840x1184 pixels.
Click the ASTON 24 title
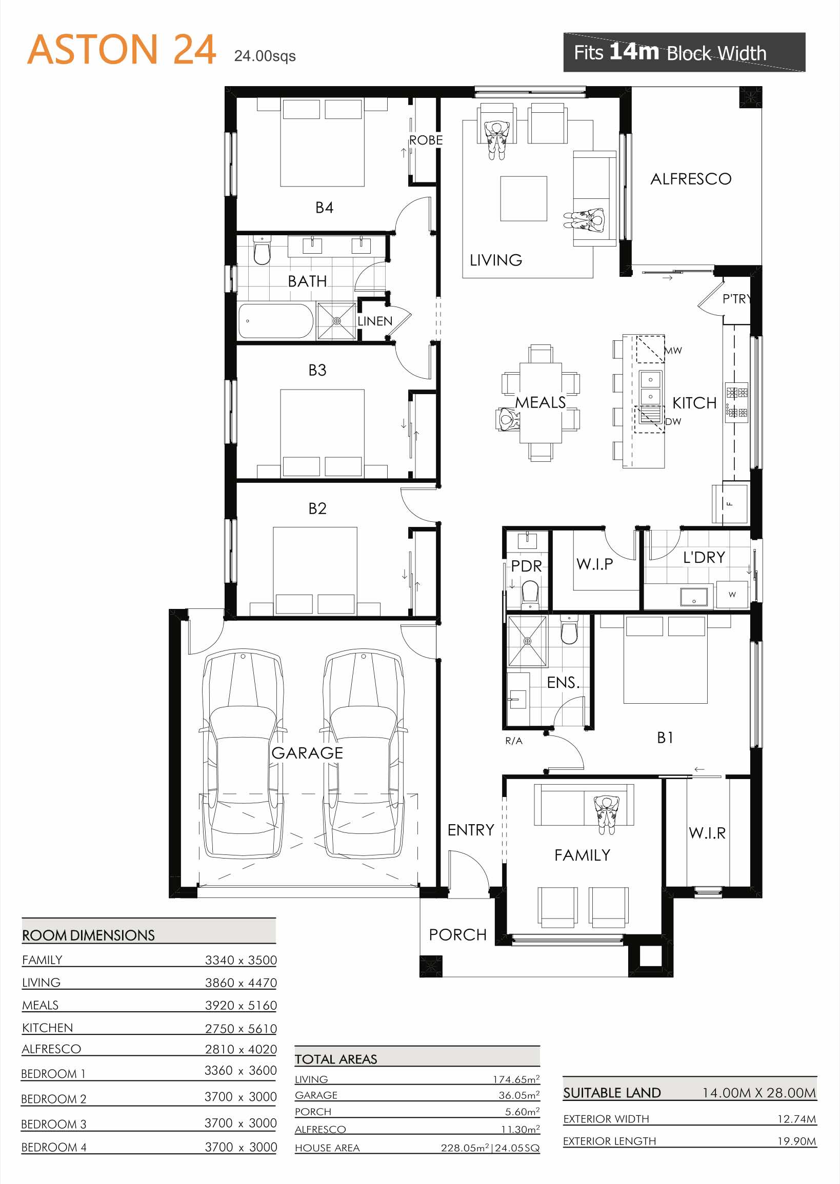point(121,50)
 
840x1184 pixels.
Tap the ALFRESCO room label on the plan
point(691,179)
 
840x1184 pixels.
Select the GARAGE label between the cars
point(307,753)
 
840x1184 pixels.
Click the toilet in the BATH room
point(262,251)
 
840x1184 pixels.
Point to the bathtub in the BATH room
point(276,321)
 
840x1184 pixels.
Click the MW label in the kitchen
point(673,351)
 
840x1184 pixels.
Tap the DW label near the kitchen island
point(673,421)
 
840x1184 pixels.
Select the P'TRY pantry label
point(736,299)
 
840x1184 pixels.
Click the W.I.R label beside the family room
point(707,833)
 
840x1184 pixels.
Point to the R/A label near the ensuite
point(514,741)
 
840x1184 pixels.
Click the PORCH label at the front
point(458,935)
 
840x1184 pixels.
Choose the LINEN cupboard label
point(375,321)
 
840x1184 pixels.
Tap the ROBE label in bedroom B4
point(426,140)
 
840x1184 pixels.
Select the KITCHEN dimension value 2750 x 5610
point(241,1028)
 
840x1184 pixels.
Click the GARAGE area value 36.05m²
point(519,1094)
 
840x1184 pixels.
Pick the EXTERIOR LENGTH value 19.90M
point(796,1140)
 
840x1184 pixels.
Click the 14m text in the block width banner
point(634,51)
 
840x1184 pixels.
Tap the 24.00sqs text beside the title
point(265,56)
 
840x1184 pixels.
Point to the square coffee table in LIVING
point(524,198)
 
